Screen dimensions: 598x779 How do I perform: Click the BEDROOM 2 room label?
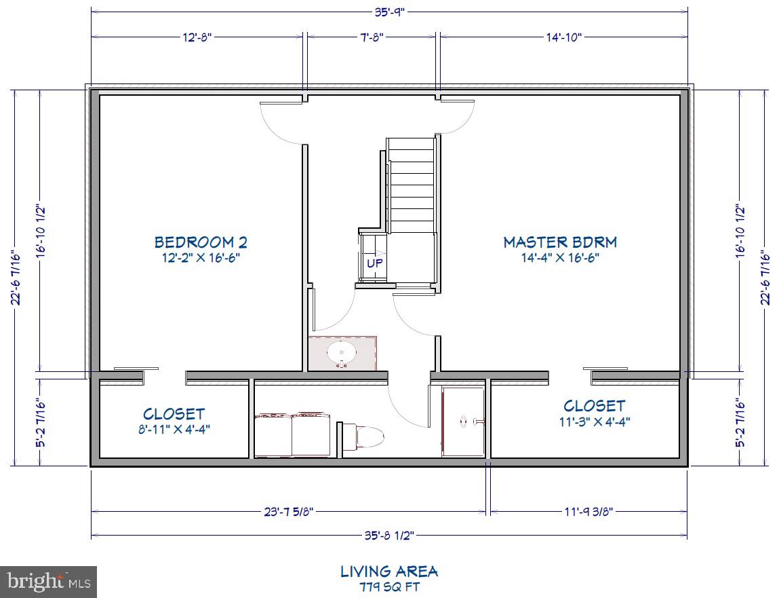click(x=201, y=242)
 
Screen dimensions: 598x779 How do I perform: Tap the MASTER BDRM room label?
click(x=560, y=242)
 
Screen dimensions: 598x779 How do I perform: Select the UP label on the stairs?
click(x=375, y=263)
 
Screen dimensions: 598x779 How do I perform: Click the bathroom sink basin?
click(x=342, y=353)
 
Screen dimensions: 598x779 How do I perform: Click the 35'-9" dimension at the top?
click(x=390, y=12)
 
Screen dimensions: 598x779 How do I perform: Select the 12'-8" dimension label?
click(x=197, y=37)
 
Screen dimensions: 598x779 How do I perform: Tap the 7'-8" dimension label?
click(x=372, y=37)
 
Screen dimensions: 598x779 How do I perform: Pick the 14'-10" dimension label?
click(x=564, y=37)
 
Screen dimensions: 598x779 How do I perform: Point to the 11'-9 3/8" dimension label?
click(x=587, y=511)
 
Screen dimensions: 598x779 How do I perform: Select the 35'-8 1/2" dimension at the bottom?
click(x=389, y=535)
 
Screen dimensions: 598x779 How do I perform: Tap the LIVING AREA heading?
click(x=389, y=572)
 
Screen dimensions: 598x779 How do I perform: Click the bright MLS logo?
click(x=48, y=581)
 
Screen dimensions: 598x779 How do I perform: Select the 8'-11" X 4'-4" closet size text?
click(x=174, y=429)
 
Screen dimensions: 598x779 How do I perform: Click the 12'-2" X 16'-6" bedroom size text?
click(x=201, y=258)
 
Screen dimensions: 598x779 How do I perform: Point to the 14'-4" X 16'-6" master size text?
click(x=560, y=258)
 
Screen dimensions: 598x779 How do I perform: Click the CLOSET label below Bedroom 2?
click(x=174, y=413)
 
